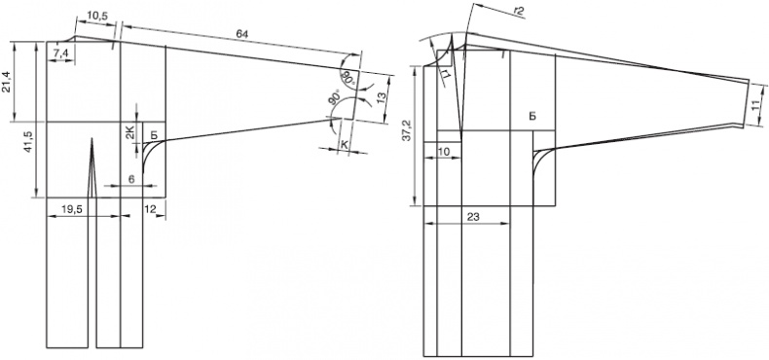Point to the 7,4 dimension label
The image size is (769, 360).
pyautogui.click(x=61, y=54)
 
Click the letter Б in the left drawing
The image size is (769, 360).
pyautogui.click(x=153, y=136)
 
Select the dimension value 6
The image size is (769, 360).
pyautogui.click(x=131, y=179)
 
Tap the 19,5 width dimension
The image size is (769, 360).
pyautogui.click(x=73, y=209)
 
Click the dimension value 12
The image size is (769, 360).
pyautogui.click(x=151, y=209)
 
